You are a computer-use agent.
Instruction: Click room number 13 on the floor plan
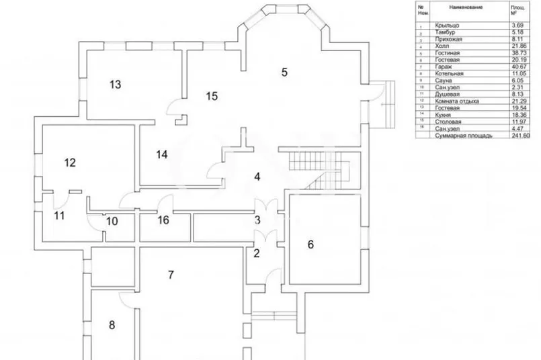tap(115, 85)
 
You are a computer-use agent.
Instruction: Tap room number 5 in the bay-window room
tap(284, 72)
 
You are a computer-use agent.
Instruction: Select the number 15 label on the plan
tap(212, 97)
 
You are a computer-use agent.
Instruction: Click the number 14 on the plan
tap(161, 154)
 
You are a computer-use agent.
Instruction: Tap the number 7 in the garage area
tap(171, 274)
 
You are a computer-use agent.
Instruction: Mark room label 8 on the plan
tap(112, 325)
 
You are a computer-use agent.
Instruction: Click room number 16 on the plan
tap(163, 220)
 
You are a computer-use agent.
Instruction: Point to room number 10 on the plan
tap(112, 220)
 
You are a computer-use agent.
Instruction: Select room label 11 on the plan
tap(59, 216)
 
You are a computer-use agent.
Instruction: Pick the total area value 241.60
tap(521, 135)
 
